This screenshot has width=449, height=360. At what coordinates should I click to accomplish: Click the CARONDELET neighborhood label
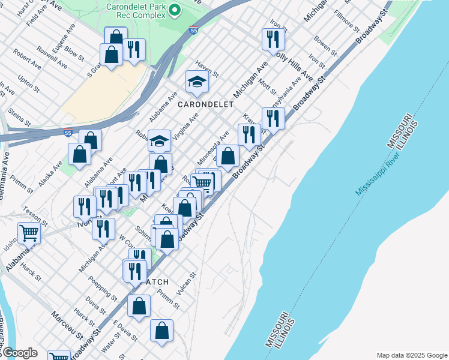coord(205,104)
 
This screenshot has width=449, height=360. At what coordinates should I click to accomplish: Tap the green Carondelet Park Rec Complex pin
coord(175,10)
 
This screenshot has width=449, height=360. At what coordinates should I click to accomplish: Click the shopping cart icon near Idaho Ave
coord(28,232)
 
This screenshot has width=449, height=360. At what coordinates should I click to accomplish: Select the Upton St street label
coord(29,83)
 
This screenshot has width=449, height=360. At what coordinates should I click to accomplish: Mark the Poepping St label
coord(102,287)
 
